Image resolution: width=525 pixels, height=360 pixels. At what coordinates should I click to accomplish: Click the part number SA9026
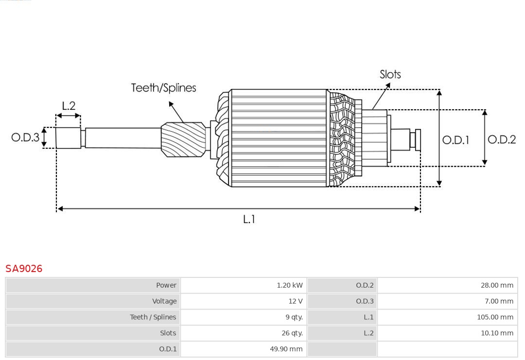(x=24, y=269)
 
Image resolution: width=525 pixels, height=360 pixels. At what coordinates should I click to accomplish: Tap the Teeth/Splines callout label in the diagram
(x=163, y=88)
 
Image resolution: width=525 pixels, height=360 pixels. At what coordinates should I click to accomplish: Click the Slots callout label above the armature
(x=390, y=74)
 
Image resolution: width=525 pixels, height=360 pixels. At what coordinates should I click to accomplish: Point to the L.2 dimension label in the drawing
(x=69, y=106)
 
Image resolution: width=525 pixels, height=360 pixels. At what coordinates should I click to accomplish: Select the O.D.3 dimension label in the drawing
(x=25, y=137)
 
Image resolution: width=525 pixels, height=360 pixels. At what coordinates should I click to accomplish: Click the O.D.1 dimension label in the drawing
(x=455, y=140)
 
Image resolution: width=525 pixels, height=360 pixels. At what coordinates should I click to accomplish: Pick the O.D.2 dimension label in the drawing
(x=501, y=139)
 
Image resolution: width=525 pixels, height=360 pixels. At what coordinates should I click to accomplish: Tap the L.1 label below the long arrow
(x=249, y=220)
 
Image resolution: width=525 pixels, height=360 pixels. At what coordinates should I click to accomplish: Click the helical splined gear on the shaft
(x=183, y=139)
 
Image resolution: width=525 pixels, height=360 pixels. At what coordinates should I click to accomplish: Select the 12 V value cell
(x=295, y=301)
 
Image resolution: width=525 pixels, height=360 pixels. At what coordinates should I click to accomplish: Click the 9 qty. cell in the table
(x=294, y=317)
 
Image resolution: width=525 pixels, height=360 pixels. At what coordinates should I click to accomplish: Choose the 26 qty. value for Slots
(x=292, y=333)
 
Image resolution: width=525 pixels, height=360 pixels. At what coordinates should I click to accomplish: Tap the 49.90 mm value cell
(x=286, y=349)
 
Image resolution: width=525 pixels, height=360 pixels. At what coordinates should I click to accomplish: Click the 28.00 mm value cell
(x=497, y=285)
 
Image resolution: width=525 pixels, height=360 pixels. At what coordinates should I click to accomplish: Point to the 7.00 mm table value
(x=498, y=301)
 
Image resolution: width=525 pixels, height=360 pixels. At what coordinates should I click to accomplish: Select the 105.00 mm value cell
(x=495, y=317)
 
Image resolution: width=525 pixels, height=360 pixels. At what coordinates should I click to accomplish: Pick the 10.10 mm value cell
(x=497, y=333)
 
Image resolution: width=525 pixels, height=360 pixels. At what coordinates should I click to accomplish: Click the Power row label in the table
(x=166, y=285)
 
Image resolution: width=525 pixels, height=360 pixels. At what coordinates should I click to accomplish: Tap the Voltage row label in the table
(x=164, y=301)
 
